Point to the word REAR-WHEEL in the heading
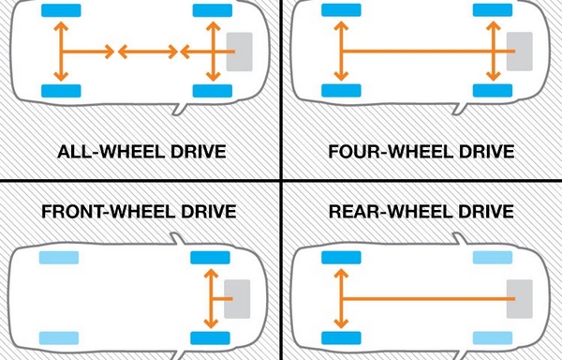[385, 211]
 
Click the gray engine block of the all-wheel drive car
[240, 51]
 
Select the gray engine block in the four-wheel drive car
[520, 51]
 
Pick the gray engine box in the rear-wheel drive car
[520, 297]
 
